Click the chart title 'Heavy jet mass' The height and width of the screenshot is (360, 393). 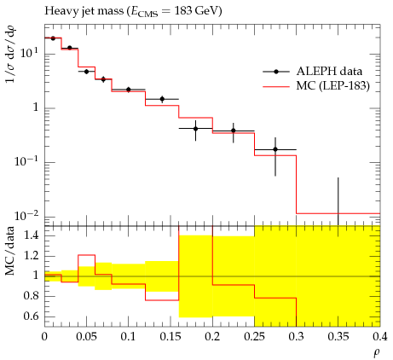click(x=84, y=11)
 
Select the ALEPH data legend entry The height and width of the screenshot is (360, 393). click(x=313, y=72)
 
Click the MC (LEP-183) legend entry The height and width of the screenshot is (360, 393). click(x=316, y=85)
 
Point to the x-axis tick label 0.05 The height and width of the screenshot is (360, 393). click(x=86, y=337)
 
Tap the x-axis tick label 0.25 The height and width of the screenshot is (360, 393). click(x=254, y=337)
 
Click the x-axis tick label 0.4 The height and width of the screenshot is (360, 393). click(x=380, y=337)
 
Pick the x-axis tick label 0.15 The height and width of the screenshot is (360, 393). click(x=170, y=337)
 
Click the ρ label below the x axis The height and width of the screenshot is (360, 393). click(x=377, y=353)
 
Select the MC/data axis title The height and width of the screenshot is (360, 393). click(x=10, y=251)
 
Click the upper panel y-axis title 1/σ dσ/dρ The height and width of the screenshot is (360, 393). click(x=10, y=54)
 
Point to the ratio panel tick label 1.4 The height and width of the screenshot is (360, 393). click(x=31, y=235)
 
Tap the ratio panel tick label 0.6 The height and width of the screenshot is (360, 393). click(x=31, y=316)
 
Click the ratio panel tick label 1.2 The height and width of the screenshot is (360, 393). click(x=31, y=255)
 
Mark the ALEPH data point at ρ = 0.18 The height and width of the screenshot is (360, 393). click(x=195, y=129)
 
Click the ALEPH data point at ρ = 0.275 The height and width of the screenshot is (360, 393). click(x=275, y=149)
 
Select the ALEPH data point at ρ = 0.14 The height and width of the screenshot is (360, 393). click(x=162, y=99)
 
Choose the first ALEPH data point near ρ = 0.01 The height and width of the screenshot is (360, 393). click(x=53, y=38)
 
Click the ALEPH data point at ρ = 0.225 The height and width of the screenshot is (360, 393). click(x=234, y=131)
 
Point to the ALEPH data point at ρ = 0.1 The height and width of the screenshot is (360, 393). click(x=129, y=90)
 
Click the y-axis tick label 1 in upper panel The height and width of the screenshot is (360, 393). click(x=36, y=107)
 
